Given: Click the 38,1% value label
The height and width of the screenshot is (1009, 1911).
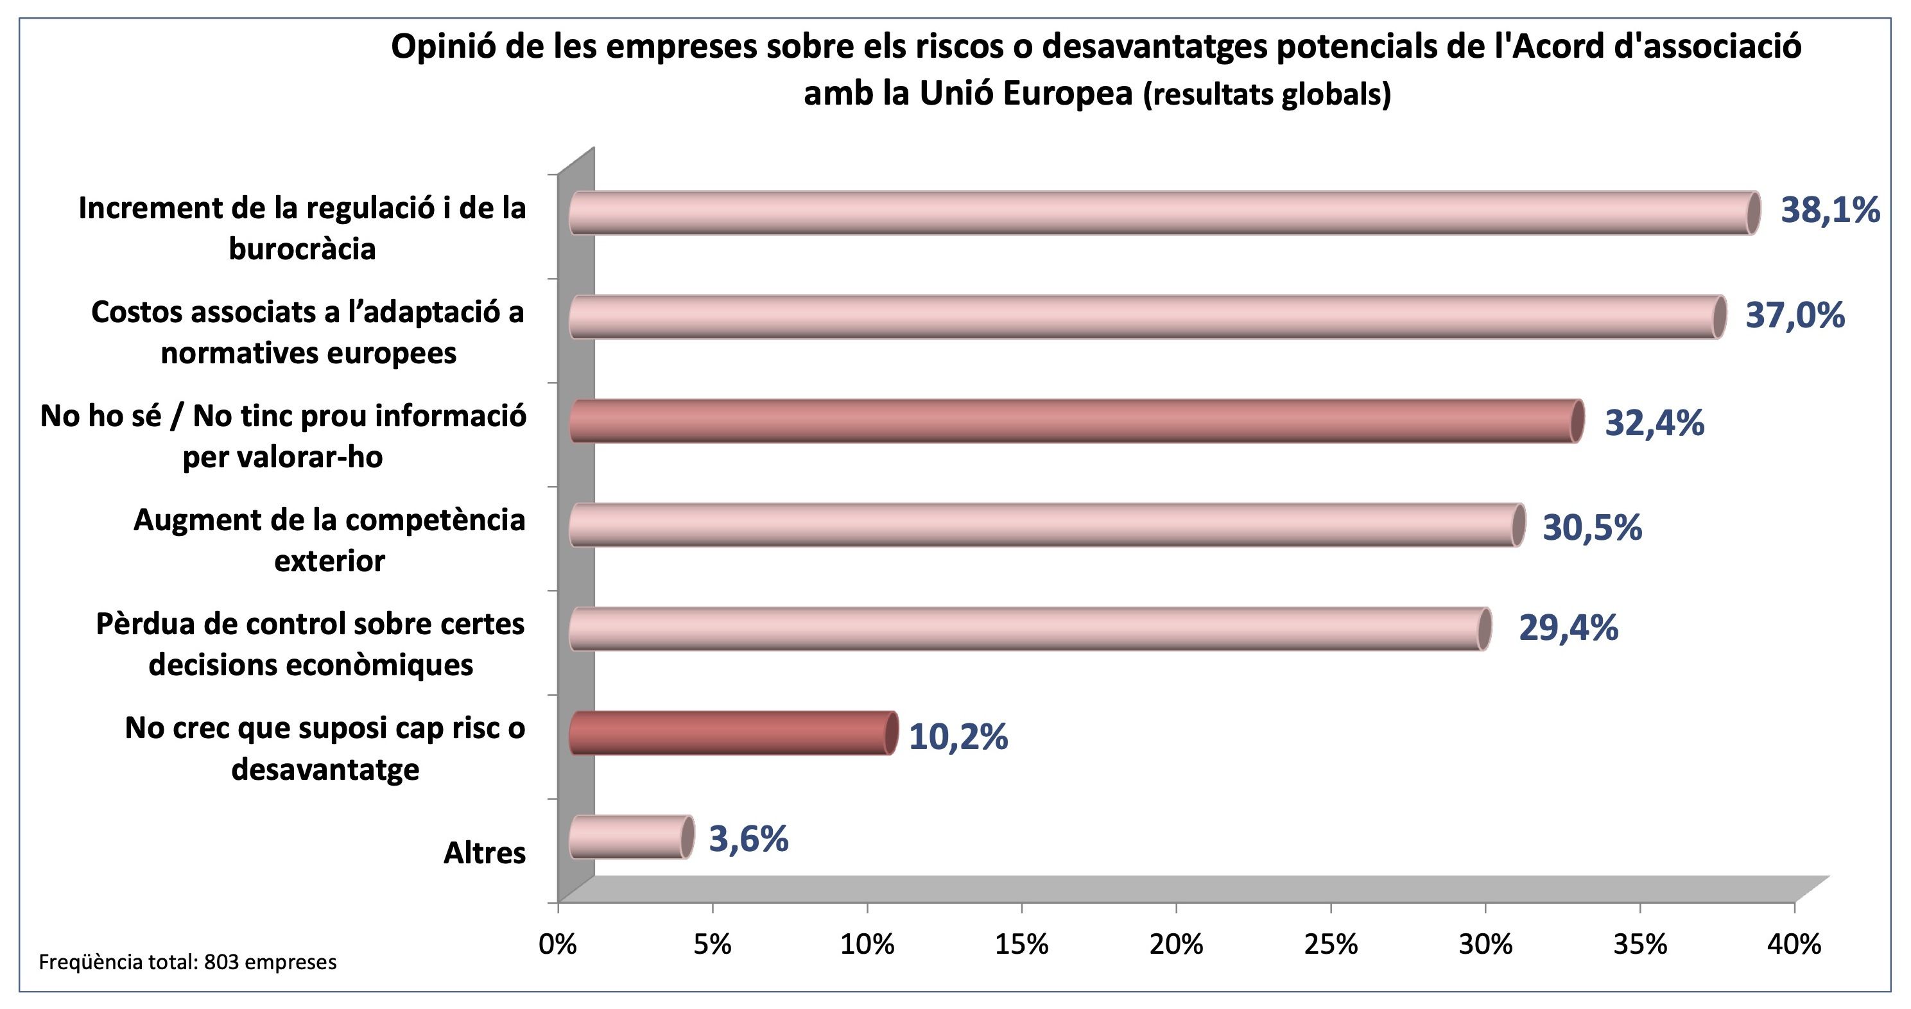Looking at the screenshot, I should coord(1830,211).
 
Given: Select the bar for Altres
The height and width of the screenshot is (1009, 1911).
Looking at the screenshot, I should coord(630,837).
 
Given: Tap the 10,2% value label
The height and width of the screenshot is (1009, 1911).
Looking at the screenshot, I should coord(958,737).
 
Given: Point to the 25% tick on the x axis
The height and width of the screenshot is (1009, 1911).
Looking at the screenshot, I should coord(1331,944).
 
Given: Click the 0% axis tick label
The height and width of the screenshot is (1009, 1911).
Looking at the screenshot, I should coord(558,944).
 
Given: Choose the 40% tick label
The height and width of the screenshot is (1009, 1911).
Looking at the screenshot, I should coord(1794,944).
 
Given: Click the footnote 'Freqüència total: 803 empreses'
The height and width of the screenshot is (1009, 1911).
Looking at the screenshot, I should coord(187,962).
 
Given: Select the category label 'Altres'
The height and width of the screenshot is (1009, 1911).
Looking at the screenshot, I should coord(485,853).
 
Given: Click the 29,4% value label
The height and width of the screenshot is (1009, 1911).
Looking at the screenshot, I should coord(1568,628).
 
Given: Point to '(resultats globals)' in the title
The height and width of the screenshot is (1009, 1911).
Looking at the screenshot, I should coord(1267,94).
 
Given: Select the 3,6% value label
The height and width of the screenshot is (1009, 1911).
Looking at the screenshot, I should coord(748,839).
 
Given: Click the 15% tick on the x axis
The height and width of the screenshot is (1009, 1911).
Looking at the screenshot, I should coord(1021,944).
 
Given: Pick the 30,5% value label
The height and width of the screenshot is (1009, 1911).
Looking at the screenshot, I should coord(1592,528).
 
